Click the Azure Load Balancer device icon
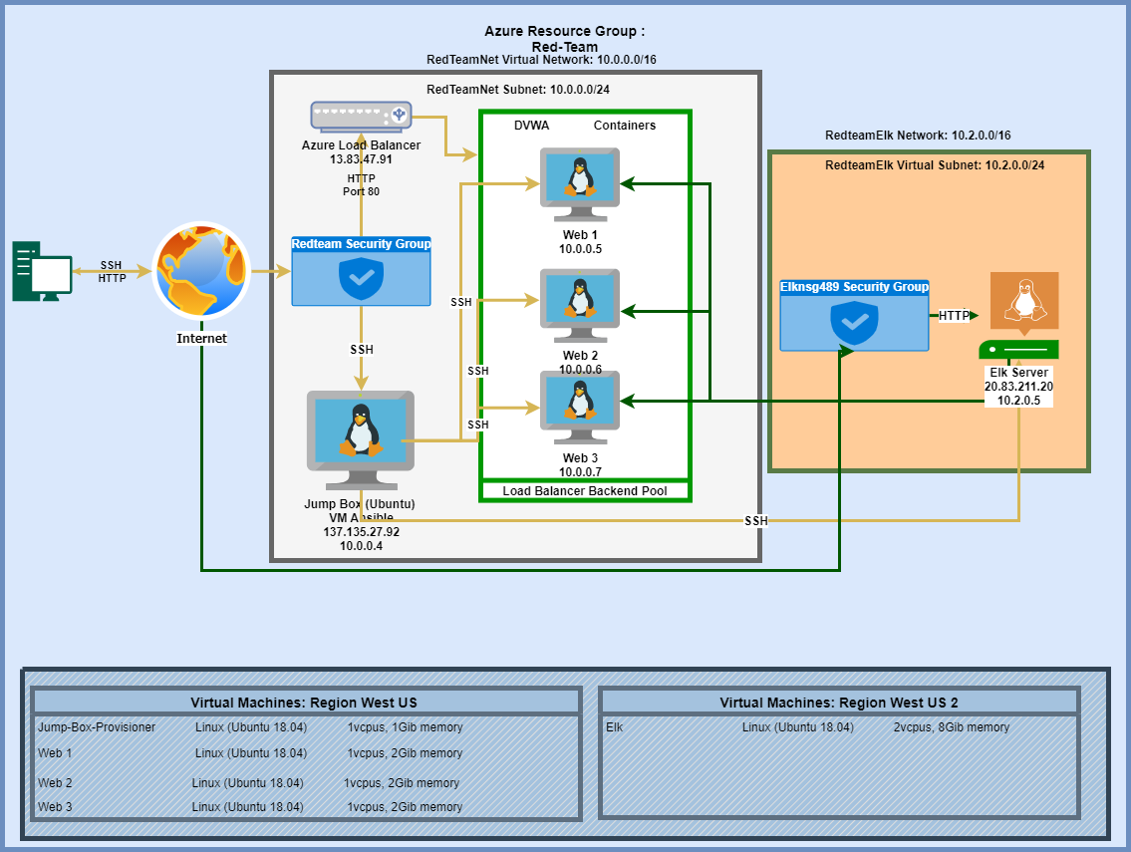tap(361, 116)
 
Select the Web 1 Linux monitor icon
tap(579, 178)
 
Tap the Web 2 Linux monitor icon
tap(579, 300)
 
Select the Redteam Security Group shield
tap(361, 278)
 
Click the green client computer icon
tap(42, 270)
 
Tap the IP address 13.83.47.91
tap(361, 158)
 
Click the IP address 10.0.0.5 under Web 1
tap(580, 249)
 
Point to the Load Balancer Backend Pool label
tap(585, 490)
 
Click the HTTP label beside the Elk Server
tap(954, 316)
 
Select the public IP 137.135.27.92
tap(361, 532)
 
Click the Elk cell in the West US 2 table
tap(614, 727)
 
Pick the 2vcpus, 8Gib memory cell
tap(951, 727)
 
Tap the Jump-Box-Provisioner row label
tap(97, 727)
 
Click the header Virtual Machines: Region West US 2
tap(839, 703)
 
